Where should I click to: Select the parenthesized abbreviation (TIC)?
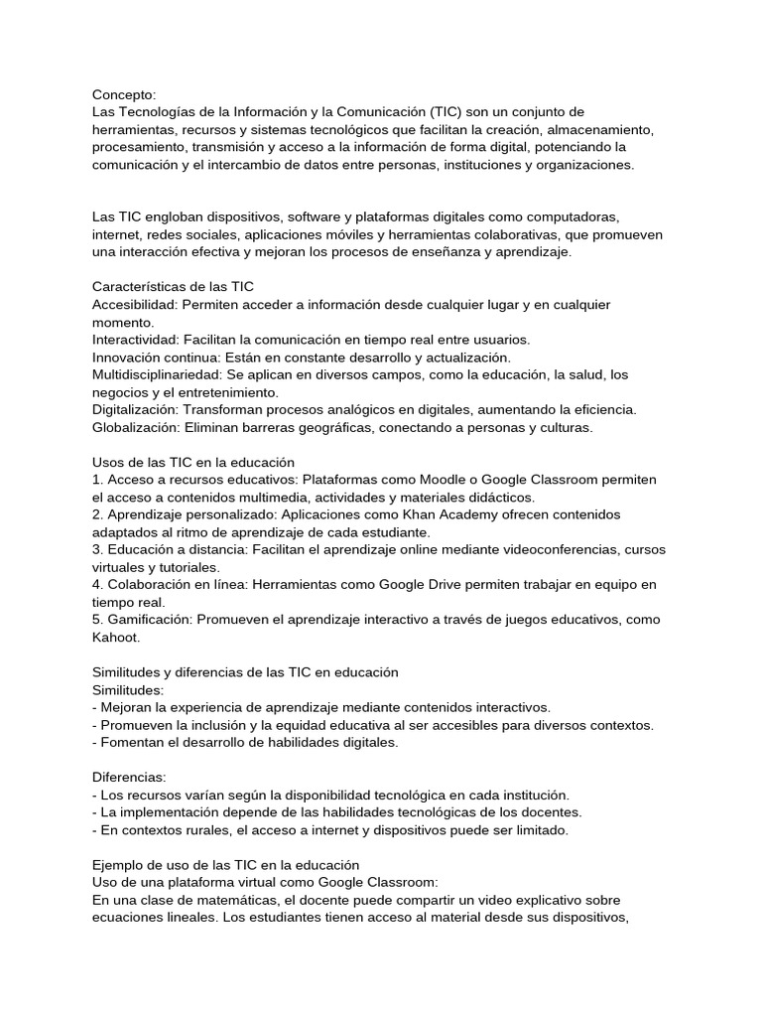tap(449, 112)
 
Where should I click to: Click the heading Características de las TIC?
tap(174, 286)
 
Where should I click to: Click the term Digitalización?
tap(135, 409)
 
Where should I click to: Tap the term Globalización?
tap(136, 427)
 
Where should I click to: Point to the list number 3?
tap(96, 549)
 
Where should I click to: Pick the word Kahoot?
tap(115, 637)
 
